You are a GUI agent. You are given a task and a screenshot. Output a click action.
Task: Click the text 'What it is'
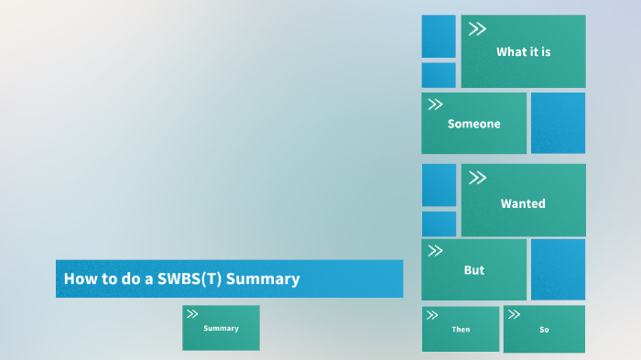point(523,52)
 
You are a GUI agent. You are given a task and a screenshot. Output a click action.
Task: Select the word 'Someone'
point(473,124)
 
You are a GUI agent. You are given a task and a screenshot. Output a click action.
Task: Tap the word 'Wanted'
point(523,203)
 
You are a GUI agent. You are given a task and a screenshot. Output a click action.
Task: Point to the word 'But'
point(473,270)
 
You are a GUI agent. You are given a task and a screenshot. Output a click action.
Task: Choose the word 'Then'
point(461,329)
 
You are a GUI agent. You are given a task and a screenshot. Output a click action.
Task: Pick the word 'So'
point(544,329)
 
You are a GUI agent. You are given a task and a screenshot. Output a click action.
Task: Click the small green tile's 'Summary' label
point(221,328)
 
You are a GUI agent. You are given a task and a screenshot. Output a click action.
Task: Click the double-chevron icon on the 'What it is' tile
point(477,29)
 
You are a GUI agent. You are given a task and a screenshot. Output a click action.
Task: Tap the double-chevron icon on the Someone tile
point(436,104)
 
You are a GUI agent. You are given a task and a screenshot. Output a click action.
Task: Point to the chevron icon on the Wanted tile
point(477,179)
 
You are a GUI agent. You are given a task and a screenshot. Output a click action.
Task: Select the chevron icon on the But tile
point(436,251)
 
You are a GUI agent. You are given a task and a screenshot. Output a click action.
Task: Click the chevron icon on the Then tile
point(434,314)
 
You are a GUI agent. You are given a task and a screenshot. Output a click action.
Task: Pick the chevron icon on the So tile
point(515,314)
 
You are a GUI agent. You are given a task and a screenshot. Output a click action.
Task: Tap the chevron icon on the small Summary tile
point(192,314)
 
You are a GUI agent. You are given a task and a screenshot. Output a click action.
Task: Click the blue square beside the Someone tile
point(558,123)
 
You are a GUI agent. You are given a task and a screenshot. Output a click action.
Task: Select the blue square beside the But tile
point(558,269)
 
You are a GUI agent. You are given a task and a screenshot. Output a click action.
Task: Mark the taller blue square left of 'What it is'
point(439,36)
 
